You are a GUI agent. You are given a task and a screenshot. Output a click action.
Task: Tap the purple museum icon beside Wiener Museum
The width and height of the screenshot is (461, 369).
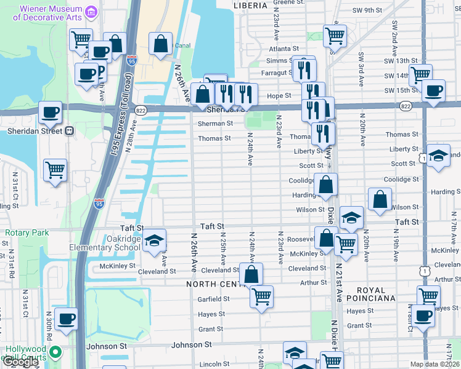coord(91,12)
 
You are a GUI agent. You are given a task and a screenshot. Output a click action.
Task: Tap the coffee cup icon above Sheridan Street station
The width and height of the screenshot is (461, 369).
coord(50,113)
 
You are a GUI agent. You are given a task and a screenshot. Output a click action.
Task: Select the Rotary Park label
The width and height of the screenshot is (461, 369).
coord(27,233)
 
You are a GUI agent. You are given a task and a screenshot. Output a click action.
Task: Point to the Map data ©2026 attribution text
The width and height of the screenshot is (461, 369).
coord(435,364)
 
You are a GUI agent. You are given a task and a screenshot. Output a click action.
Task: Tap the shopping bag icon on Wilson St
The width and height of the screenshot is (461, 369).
coord(380,199)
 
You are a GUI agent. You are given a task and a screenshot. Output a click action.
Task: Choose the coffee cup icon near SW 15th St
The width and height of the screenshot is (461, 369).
coord(434,90)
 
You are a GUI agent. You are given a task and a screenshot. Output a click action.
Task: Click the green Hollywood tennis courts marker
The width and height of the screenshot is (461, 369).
coord(55,352)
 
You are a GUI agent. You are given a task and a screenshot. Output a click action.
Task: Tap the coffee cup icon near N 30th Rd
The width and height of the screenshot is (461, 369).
coord(66,319)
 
